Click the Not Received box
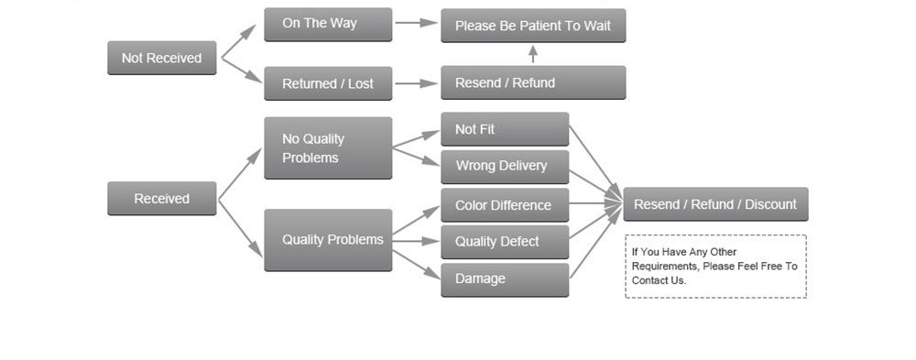(x=162, y=58)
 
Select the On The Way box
(x=328, y=25)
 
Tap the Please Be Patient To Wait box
(x=533, y=26)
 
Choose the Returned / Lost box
(x=328, y=83)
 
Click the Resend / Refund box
(x=533, y=82)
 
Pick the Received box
(x=162, y=199)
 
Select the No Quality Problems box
(x=328, y=147)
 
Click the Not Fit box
(x=505, y=129)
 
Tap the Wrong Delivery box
(x=505, y=167)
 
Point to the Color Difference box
(x=505, y=205)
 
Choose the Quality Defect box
(x=505, y=242)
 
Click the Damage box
(x=505, y=280)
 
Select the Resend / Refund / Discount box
(x=715, y=204)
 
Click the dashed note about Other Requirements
(x=715, y=267)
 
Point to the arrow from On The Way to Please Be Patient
(x=416, y=23)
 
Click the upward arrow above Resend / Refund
(x=533, y=54)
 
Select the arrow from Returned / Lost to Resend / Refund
(x=416, y=83)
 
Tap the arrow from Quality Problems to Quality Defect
(x=415, y=241)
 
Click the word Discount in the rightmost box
(x=770, y=204)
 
